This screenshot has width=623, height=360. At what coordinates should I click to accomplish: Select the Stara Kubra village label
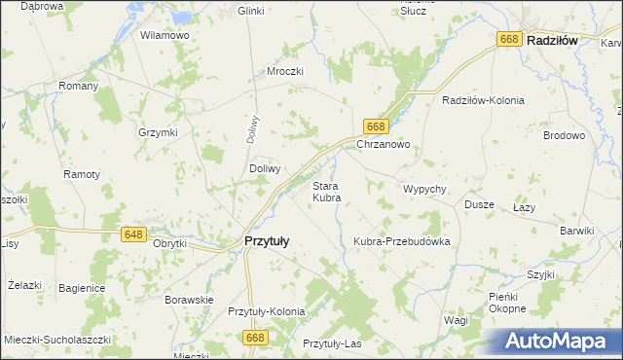pos(325,191)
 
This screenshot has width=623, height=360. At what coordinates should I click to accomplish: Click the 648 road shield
pos(134,234)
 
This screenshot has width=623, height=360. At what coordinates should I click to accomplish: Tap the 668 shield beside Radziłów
pos(509,39)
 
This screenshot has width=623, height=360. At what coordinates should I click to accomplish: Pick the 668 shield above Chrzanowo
pos(378,126)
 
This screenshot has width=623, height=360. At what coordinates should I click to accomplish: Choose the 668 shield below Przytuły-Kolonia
pos(255,337)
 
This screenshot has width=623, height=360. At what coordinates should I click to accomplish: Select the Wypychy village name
pos(423,188)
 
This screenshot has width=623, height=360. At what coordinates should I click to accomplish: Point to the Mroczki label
pos(286,71)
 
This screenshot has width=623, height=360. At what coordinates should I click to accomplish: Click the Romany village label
pos(79,86)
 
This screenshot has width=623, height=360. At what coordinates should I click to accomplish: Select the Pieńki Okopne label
pos(507,302)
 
